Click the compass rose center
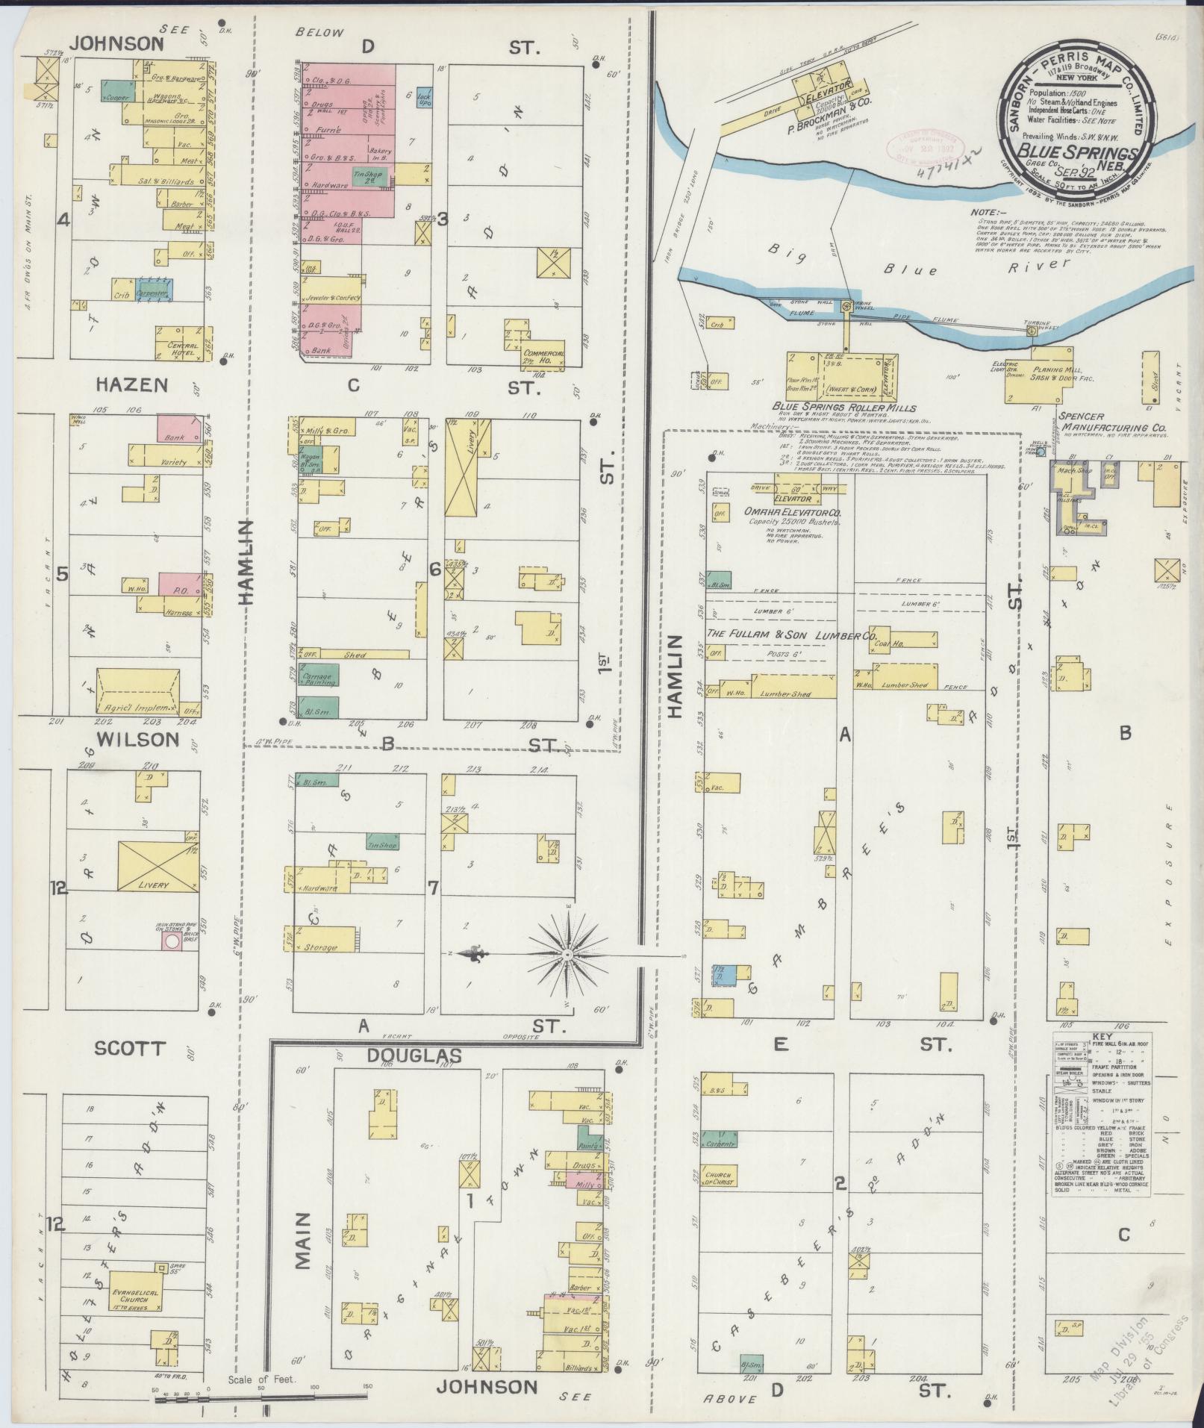569,954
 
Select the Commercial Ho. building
543,356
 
